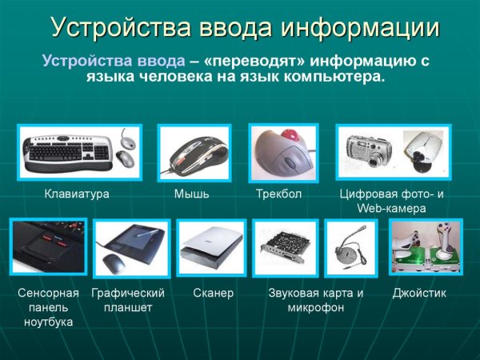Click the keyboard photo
click(x=78, y=153)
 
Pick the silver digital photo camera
click(x=368, y=151)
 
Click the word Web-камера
click(x=391, y=209)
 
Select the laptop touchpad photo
click(x=48, y=246)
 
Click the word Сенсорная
click(x=49, y=294)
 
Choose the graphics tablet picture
click(x=132, y=248)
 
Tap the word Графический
click(x=128, y=294)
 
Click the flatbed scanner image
click(x=213, y=248)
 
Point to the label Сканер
click(x=213, y=294)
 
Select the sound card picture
click(x=285, y=248)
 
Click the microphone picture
click(x=350, y=248)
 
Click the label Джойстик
click(x=419, y=294)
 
